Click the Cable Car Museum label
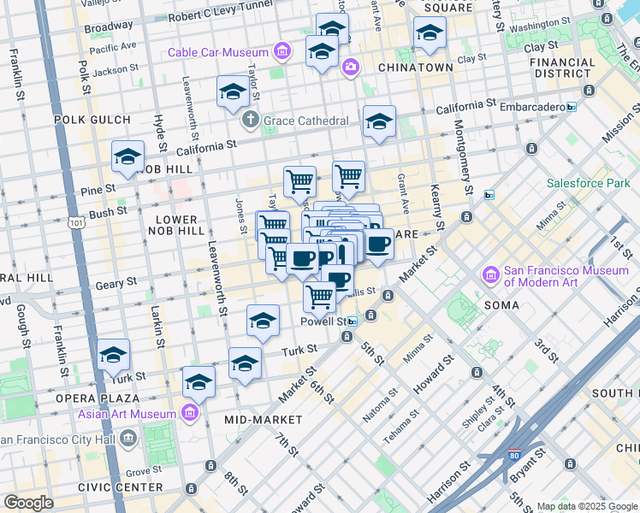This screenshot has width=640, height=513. pos(218,52)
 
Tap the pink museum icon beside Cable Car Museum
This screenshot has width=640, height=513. pos(281,52)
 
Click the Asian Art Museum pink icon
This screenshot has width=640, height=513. pos(190,415)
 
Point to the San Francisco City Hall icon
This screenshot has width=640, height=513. pos(128,439)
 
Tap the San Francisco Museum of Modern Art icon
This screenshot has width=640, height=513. pos(491,275)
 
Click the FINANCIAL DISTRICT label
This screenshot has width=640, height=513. pos(562,68)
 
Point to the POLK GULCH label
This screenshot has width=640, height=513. pos(92,120)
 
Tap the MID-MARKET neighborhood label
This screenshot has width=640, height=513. pos(263,420)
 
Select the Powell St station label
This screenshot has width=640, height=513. pos(323,321)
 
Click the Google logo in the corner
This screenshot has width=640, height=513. pos(28,503)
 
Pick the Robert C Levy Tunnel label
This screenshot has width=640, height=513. pos(220,17)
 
